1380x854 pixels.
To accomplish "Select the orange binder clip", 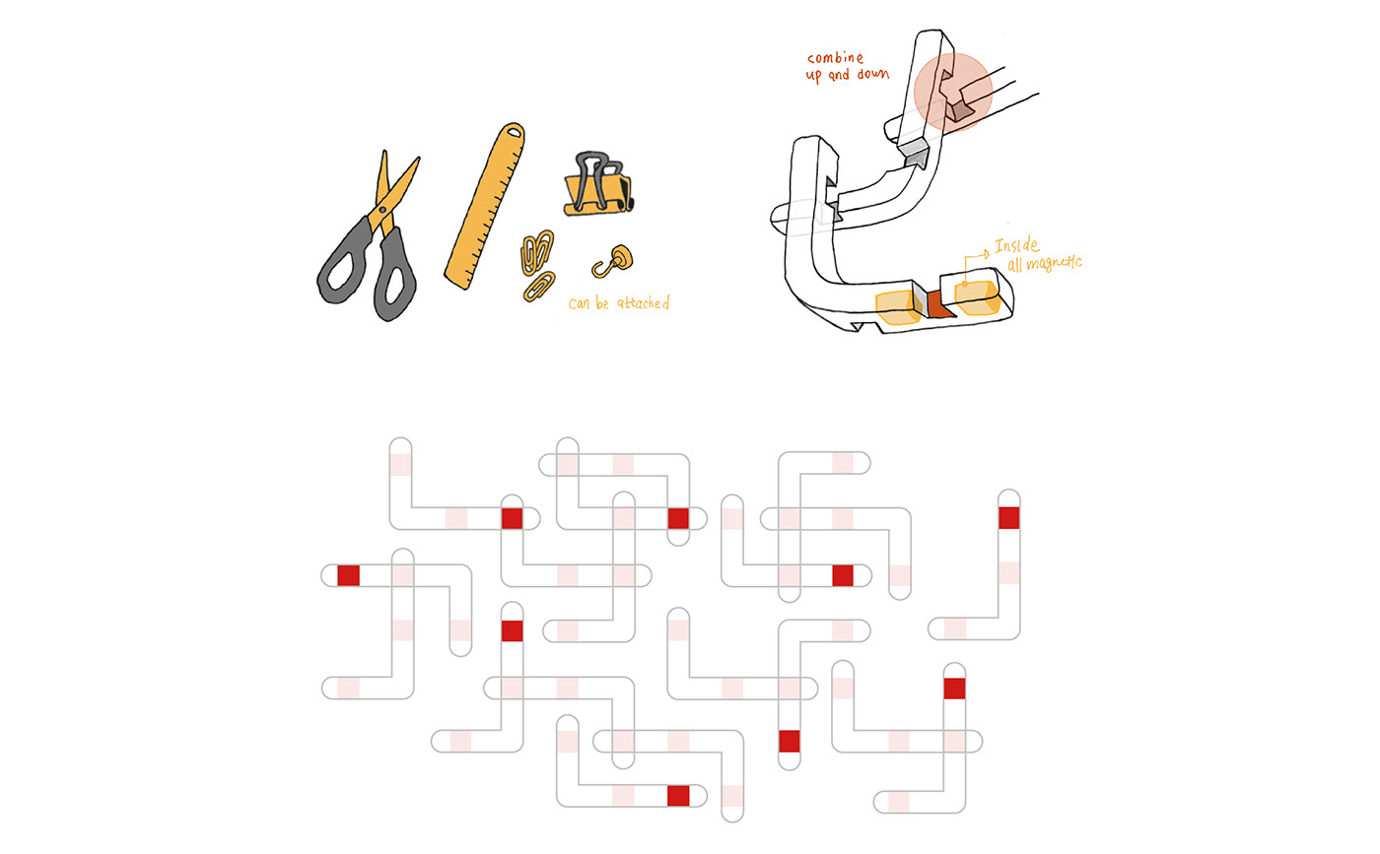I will pyautogui.click(x=597, y=194).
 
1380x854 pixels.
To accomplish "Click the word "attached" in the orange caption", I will pyautogui.click(x=642, y=303).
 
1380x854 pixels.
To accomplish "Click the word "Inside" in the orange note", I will pyautogui.click(x=1016, y=246).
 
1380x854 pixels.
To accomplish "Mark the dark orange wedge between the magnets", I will pyautogui.click(x=935, y=305).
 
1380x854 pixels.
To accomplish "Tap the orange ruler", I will pyautogui.click(x=483, y=207).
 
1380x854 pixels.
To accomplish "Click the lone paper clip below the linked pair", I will pyautogui.click(x=539, y=286).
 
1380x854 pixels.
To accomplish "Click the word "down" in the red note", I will pyautogui.click(x=870, y=74).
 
